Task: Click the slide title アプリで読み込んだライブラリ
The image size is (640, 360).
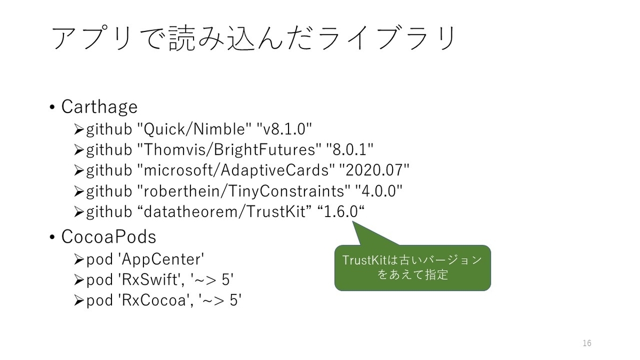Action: pyautogui.click(x=254, y=39)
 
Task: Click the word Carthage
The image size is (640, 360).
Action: pyautogui.click(x=99, y=107)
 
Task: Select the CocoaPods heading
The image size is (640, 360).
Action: pyautogui.click(x=108, y=236)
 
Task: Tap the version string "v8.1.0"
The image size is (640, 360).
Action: pyautogui.click(x=284, y=129)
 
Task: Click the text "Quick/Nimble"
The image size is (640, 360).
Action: pyautogui.click(x=194, y=129)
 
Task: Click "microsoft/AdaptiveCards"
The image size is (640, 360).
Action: pyautogui.click(x=235, y=170)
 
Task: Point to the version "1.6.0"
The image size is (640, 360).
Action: pyautogui.click(x=340, y=212)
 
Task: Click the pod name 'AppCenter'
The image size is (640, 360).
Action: pyautogui.click(x=160, y=259)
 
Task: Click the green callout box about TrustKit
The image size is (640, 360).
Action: pyautogui.click(x=412, y=268)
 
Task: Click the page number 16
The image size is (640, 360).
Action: pyautogui.click(x=587, y=343)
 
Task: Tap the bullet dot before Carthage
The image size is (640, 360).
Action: pyautogui.click(x=52, y=108)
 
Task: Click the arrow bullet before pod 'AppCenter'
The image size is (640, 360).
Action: pyautogui.click(x=78, y=260)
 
